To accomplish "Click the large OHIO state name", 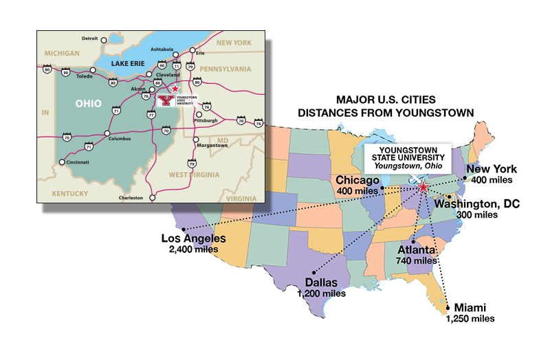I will (89, 104).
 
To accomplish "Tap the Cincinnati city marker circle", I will (63, 162).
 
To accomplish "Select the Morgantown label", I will (212, 146).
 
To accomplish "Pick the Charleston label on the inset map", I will (131, 198).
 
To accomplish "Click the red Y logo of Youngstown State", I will (164, 100).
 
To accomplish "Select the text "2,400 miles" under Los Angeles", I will (188, 249).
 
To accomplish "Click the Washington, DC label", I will (476, 205).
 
